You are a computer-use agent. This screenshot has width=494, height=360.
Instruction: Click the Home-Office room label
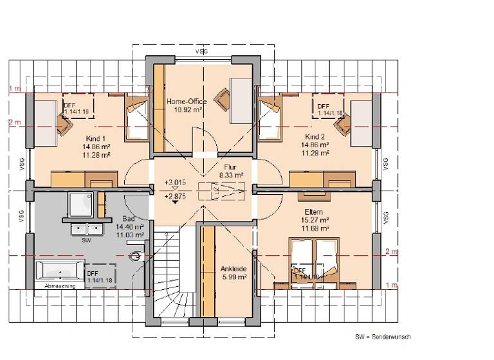coord(185,102)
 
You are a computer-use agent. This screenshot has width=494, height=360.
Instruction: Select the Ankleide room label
coord(231,268)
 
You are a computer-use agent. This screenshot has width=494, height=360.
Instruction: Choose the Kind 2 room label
coord(315,137)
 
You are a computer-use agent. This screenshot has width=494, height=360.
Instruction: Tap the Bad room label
coord(129,219)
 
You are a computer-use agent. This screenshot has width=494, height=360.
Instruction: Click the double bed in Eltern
coord(313,260)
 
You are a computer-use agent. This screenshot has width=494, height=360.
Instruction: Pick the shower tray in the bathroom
coord(81,204)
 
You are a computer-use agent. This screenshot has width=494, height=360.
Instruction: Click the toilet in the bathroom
coord(135,257)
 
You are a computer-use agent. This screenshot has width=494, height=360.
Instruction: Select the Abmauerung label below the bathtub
coord(60,285)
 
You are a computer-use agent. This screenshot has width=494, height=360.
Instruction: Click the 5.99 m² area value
coord(231,276)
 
